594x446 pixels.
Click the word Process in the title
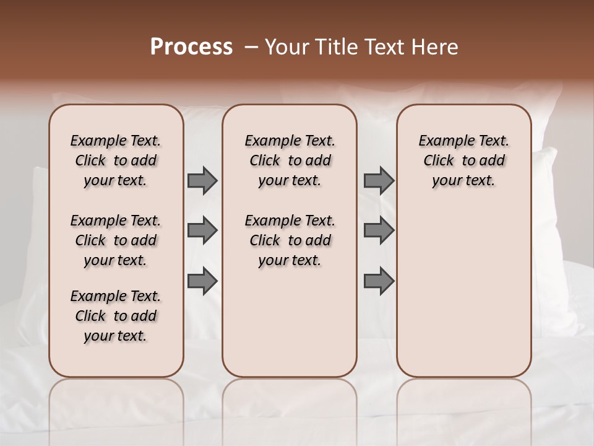(191, 47)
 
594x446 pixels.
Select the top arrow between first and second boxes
(202, 180)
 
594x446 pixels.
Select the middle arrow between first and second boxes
(202, 230)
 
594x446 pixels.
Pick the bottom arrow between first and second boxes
(202, 281)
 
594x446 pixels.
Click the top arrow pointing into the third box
(379, 180)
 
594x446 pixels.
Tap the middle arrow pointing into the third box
(379, 230)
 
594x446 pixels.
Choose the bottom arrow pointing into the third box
(379, 281)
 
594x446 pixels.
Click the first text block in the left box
(116, 160)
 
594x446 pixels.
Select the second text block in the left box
(116, 240)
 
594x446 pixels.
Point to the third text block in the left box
(116, 316)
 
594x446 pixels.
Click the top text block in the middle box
(290, 160)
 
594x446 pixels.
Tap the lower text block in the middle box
(290, 240)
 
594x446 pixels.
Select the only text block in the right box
(463, 160)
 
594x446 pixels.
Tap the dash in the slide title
(251, 47)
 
